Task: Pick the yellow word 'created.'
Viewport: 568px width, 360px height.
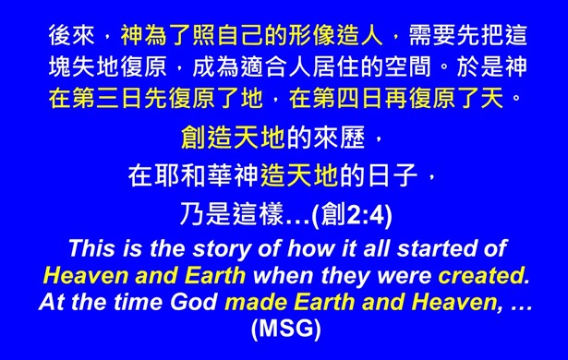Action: click(483, 274)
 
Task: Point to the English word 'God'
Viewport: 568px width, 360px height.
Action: click(190, 301)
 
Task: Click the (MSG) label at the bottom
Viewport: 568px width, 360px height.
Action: click(284, 328)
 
